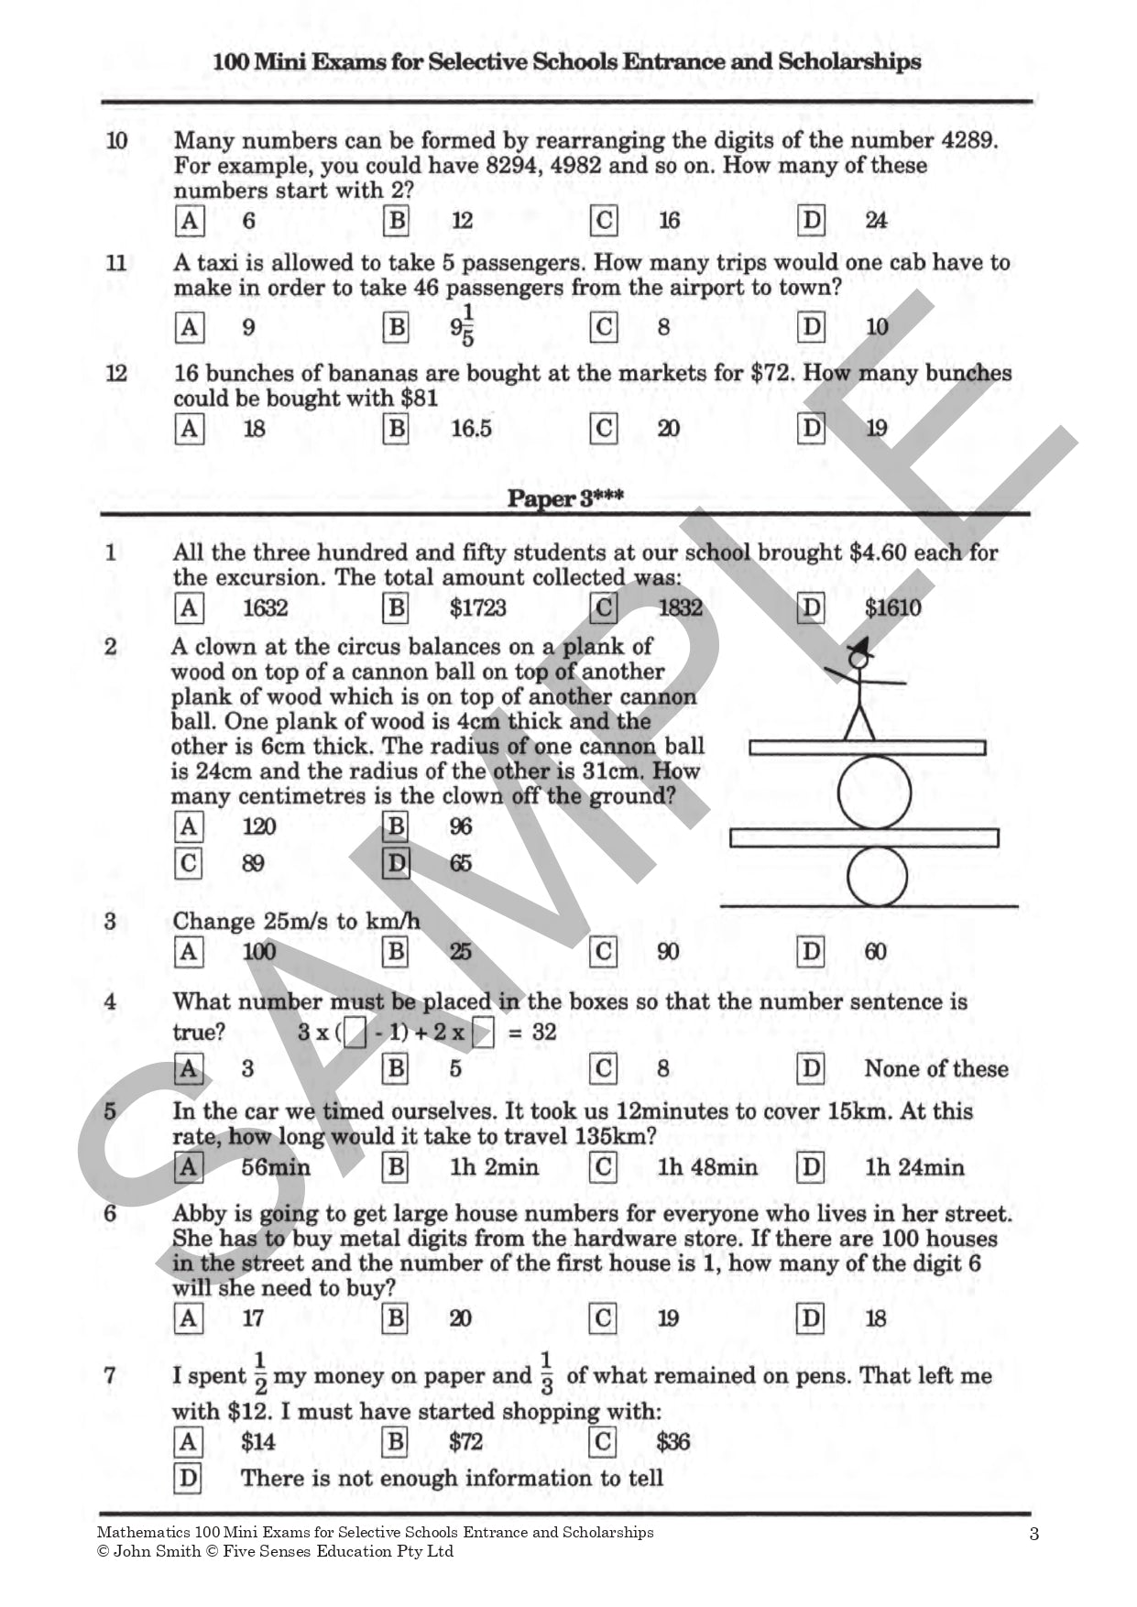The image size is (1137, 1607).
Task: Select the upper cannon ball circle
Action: tap(874, 793)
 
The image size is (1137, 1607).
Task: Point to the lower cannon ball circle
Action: tap(876, 876)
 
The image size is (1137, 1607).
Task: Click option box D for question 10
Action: tap(811, 220)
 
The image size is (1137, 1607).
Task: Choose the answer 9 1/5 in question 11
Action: tap(463, 327)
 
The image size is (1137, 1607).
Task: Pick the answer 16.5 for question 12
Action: tap(471, 429)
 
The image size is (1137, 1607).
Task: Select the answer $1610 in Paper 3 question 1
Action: tap(892, 607)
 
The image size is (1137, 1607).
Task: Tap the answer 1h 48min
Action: tap(707, 1167)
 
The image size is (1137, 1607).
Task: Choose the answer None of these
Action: tap(935, 1068)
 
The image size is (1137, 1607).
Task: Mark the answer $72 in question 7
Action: tap(465, 1442)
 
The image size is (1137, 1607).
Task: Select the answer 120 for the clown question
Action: tap(258, 826)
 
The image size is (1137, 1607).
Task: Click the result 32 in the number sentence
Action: tap(544, 1033)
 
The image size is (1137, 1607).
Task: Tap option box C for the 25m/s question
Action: tap(603, 952)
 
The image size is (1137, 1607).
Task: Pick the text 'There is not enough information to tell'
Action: tap(452, 1478)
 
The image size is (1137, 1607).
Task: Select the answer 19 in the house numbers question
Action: tap(668, 1318)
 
